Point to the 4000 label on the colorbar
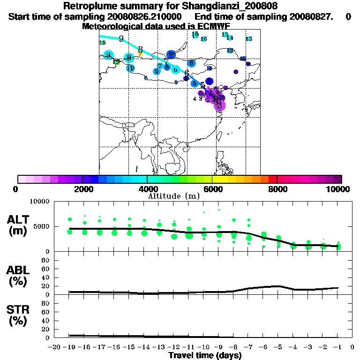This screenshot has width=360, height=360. coord(147,189)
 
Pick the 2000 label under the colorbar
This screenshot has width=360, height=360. coord(82,189)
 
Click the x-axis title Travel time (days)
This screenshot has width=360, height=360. coord(205,355)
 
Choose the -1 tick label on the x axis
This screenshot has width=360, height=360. coord(337,347)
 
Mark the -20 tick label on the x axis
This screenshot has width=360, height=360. coord(55,347)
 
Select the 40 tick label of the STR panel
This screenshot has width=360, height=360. coord(46,321)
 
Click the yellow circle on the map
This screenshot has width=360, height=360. coord(140,54)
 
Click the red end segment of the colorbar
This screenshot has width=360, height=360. coord(272,179)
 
